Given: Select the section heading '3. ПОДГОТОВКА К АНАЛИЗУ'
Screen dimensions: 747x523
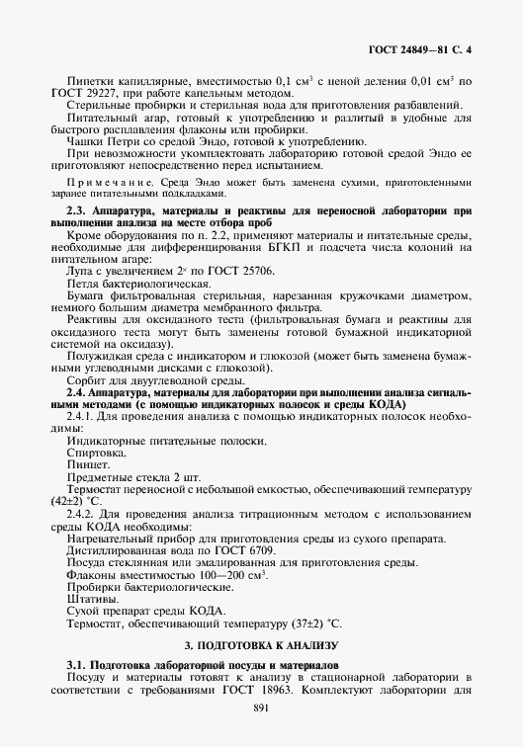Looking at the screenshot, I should (x=261, y=644).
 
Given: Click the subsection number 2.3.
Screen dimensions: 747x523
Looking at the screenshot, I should (x=79, y=210).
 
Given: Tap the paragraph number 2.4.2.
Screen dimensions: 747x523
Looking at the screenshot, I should (x=83, y=514).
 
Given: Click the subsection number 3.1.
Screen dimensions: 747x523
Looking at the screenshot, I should (x=79, y=667).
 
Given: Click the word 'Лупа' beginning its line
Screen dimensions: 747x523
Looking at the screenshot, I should (x=78, y=271).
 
